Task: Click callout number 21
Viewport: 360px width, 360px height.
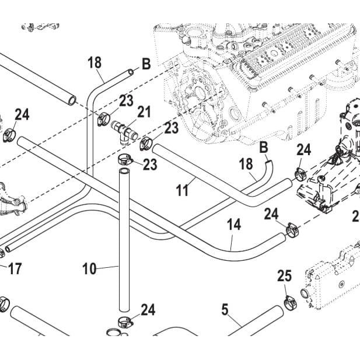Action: tap(144, 112)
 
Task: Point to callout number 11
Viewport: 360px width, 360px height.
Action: tap(182, 190)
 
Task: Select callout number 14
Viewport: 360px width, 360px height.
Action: tap(234, 224)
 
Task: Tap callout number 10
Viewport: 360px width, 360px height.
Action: tap(89, 268)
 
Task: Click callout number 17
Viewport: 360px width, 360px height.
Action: tap(15, 268)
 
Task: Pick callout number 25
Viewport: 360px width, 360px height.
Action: tap(285, 276)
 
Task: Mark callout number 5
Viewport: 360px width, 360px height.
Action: tap(225, 309)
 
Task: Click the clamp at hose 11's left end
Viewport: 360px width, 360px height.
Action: tap(146, 144)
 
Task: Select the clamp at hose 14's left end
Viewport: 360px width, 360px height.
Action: tap(9, 135)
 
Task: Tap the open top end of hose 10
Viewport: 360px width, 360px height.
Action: tap(124, 172)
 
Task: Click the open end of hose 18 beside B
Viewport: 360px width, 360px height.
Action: tap(131, 72)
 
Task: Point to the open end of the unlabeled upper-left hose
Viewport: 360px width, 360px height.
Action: tap(72, 101)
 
